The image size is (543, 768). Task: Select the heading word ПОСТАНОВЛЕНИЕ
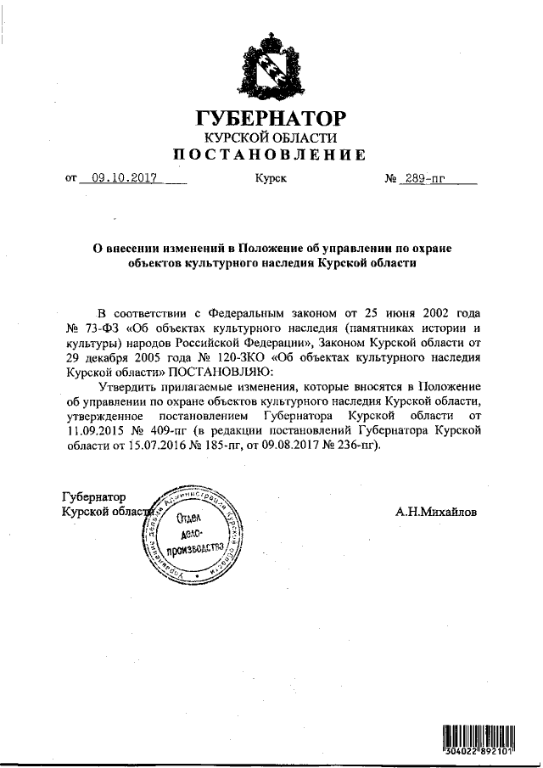(270, 154)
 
